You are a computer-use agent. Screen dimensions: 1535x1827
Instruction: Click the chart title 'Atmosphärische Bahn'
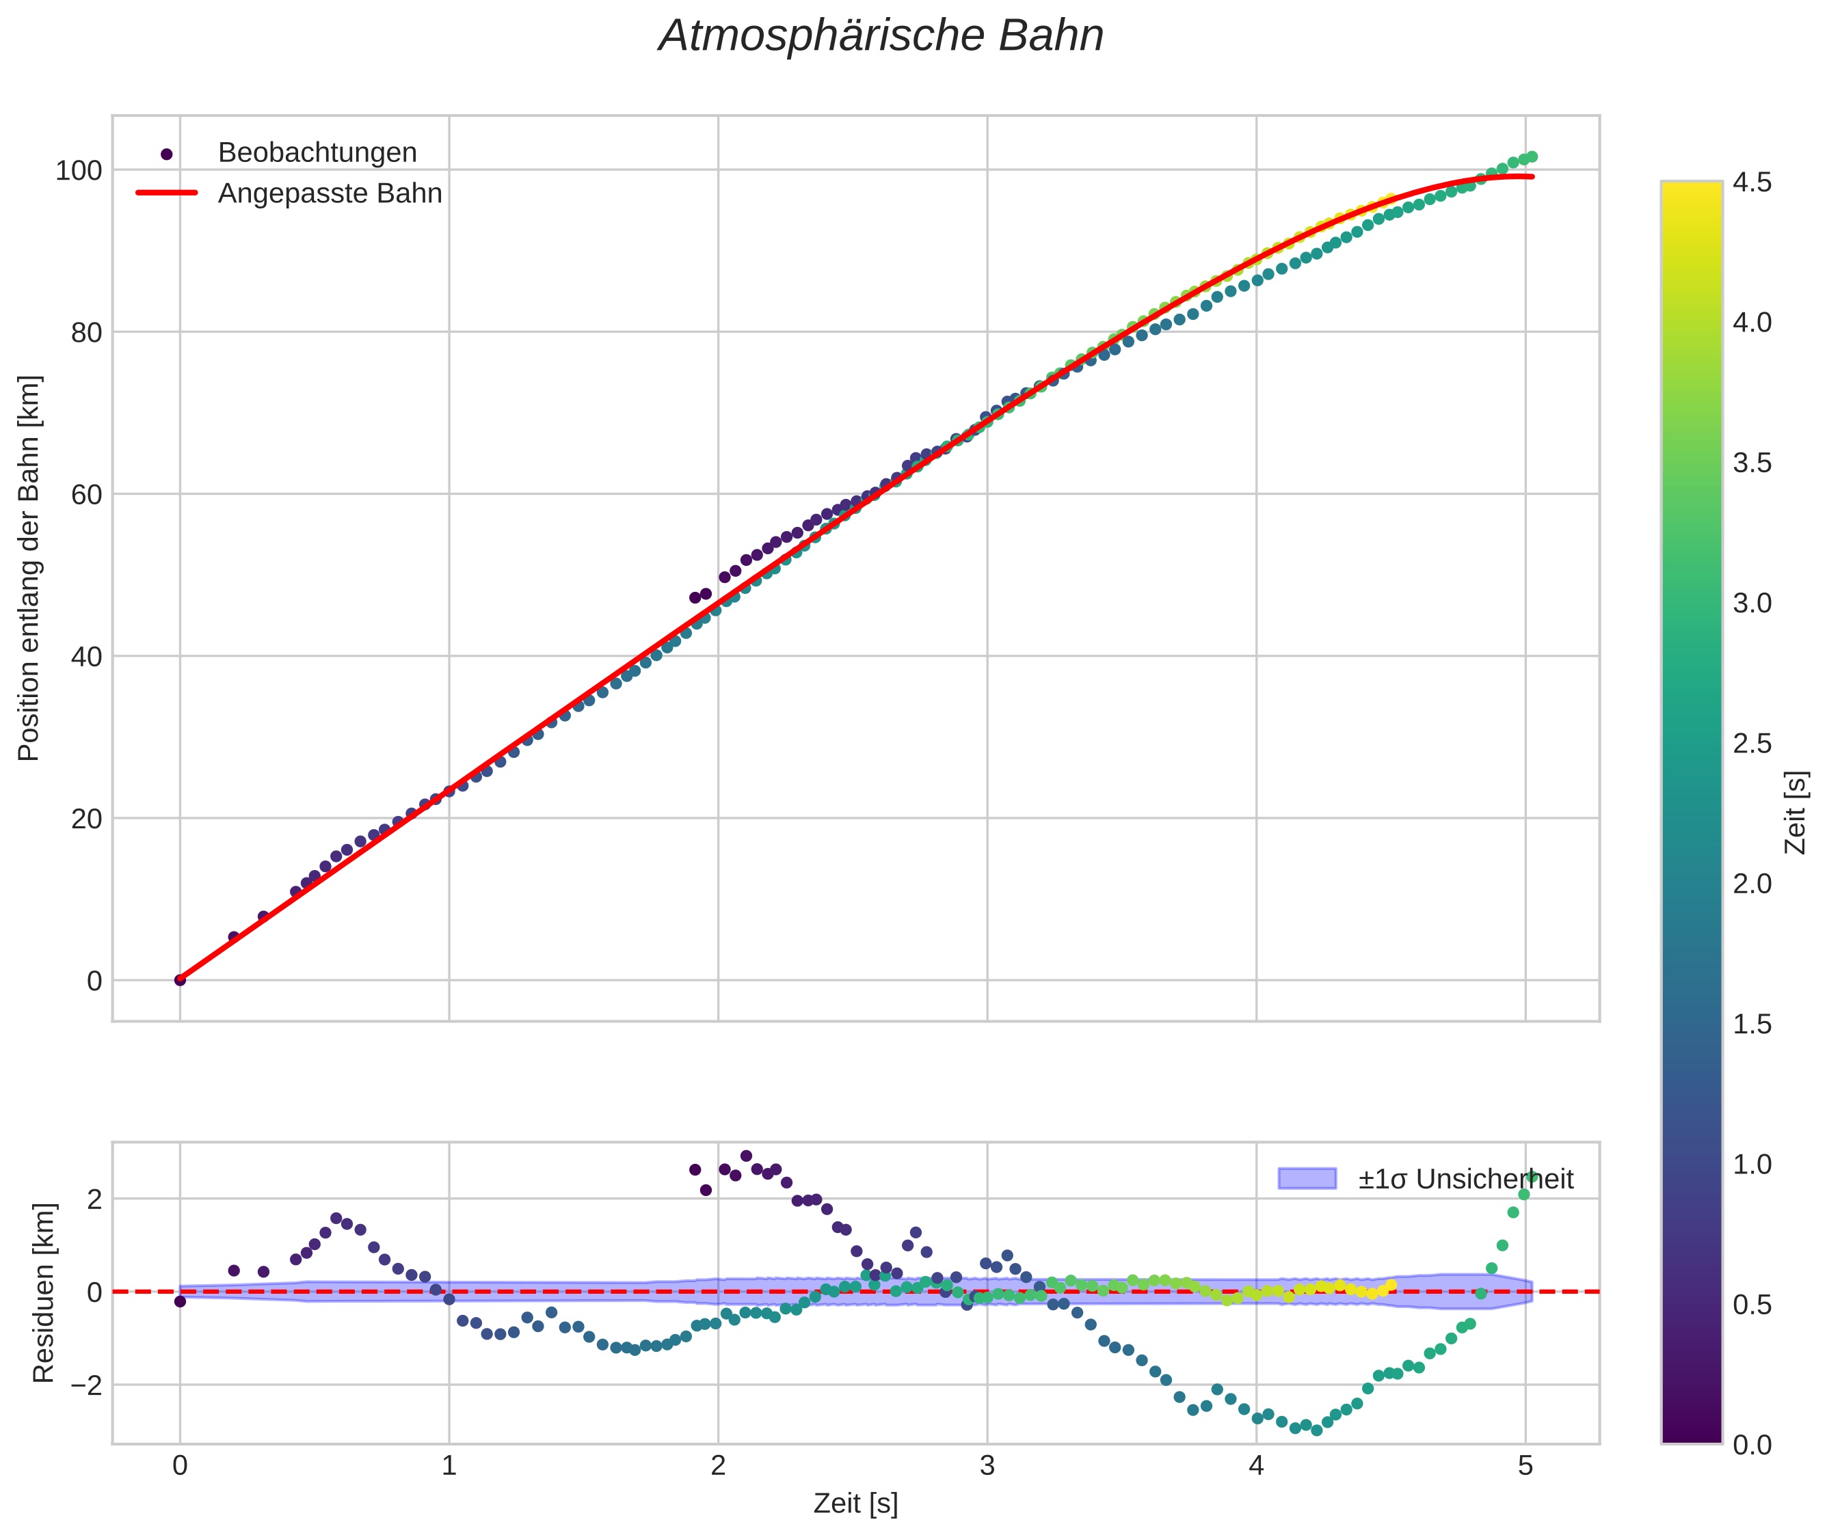pos(881,36)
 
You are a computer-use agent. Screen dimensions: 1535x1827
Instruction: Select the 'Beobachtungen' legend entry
pos(317,152)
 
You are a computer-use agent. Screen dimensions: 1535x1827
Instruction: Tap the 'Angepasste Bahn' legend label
pos(330,193)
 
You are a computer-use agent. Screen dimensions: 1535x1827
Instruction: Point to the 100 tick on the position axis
pos(79,171)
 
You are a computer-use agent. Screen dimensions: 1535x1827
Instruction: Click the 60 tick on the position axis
pos(85,494)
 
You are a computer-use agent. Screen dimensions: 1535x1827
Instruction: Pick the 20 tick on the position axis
pos(85,819)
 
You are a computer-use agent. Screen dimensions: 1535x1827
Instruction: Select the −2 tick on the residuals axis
pos(83,1385)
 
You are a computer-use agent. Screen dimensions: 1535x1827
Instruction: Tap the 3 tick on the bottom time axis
pos(987,1466)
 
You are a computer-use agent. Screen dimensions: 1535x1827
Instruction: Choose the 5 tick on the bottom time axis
pos(1525,1466)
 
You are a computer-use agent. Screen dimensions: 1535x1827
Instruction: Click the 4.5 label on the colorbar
pos(1751,182)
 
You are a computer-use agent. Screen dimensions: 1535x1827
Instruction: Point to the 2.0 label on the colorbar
pos(1751,883)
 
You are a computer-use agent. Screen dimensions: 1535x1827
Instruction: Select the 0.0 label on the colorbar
pos(1751,1445)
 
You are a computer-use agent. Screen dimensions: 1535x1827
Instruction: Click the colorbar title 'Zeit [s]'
pos(1796,813)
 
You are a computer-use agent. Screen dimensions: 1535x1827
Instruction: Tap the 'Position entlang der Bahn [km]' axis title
pos(29,568)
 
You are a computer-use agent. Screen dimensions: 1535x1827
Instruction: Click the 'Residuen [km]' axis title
pos(44,1292)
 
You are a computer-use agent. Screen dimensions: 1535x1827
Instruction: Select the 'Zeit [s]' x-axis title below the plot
pos(855,1504)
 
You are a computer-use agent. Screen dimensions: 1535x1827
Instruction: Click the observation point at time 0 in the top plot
pos(181,980)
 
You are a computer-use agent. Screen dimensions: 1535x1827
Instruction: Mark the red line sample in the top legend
pos(167,193)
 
